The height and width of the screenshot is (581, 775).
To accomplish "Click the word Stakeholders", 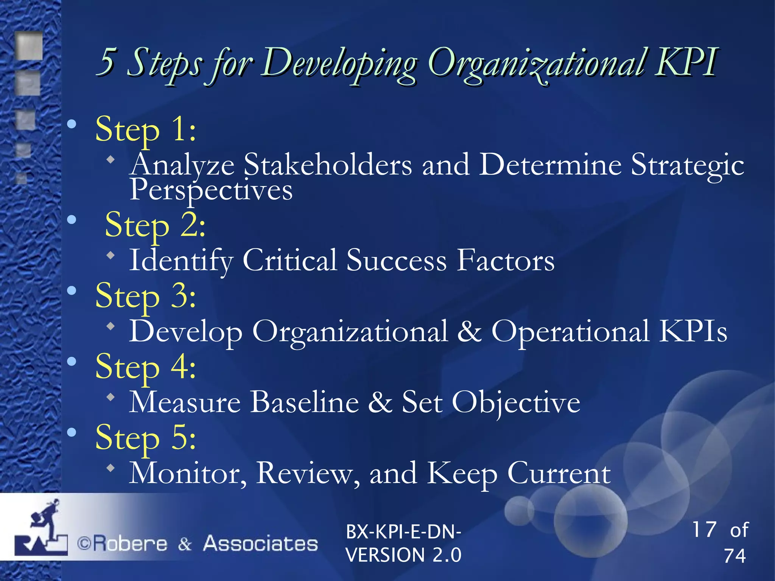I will click(x=328, y=165).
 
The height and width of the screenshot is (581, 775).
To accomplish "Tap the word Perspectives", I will click(x=211, y=190).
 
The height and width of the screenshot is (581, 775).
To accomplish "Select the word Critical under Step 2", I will click(x=289, y=261).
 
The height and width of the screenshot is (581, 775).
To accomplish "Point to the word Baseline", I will click(x=305, y=402).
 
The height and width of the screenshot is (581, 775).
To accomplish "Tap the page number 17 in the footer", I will click(x=704, y=529).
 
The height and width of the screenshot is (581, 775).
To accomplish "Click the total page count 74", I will click(x=735, y=556).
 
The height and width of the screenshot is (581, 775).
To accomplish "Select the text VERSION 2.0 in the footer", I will click(x=403, y=555).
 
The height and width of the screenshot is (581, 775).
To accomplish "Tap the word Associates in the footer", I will click(x=261, y=544).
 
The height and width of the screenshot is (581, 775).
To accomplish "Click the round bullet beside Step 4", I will click(x=72, y=362).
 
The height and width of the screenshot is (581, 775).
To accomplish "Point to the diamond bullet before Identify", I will click(x=110, y=256).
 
